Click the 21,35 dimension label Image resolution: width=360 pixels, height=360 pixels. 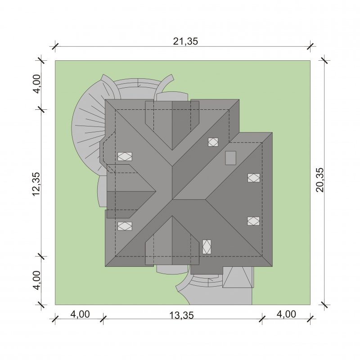point(185,41)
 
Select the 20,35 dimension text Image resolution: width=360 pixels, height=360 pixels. point(320,180)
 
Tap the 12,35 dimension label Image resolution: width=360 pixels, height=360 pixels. point(36,184)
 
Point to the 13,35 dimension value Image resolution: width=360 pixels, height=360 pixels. point(181,315)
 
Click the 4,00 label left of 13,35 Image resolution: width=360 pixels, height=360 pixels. point(80,314)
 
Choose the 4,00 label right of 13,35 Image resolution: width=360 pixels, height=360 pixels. point(286,314)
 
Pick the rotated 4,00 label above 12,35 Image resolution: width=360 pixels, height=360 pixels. point(36,84)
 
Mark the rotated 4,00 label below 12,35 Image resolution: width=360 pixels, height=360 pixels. point(36,280)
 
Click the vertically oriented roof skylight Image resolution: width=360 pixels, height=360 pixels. point(207,247)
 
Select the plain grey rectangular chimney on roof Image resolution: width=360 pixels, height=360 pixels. point(230,158)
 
